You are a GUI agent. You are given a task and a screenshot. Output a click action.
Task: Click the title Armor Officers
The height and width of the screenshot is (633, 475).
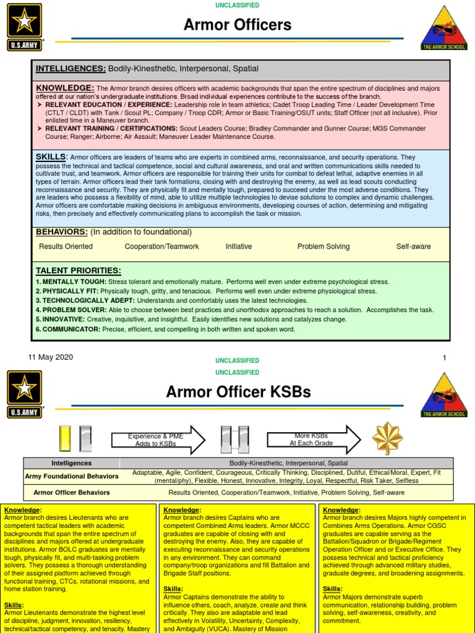click(237, 25)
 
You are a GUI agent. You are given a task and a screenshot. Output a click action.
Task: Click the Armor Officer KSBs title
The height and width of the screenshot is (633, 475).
click(238, 392)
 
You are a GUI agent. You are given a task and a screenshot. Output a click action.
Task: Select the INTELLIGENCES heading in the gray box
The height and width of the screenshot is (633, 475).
click(70, 69)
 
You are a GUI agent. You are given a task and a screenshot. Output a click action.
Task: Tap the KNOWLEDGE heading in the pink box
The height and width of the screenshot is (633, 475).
click(65, 88)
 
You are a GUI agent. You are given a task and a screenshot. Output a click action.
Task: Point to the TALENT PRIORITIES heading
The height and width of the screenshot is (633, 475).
click(78, 271)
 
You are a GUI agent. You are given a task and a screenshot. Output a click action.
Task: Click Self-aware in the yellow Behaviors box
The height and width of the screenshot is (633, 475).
click(413, 247)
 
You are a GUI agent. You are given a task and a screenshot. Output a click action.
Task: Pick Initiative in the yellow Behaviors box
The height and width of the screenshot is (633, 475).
click(239, 247)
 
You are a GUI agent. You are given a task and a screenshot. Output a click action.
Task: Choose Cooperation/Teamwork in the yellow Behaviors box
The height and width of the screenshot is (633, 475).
click(162, 247)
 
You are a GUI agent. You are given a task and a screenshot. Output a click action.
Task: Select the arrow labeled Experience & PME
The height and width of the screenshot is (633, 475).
click(158, 440)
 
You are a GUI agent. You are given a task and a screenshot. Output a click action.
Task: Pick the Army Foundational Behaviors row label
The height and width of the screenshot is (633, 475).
click(72, 477)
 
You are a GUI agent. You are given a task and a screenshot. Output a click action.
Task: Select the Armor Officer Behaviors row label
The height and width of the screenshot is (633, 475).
click(72, 493)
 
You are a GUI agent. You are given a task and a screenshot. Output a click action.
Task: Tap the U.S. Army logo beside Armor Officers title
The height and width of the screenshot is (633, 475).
click(25, 25)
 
